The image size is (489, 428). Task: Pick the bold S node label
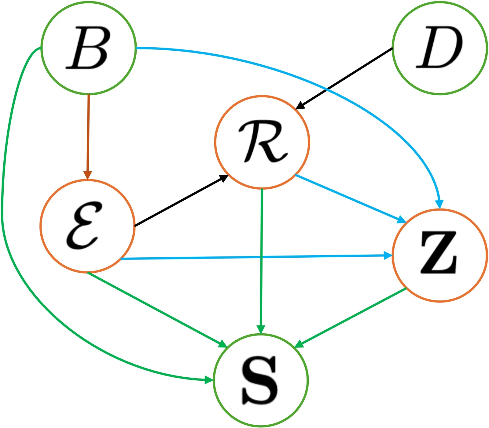[260, 380]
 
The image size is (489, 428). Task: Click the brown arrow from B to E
[88, 134]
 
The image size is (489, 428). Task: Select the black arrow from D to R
[345, 78]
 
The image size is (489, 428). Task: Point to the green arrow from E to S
[156, 308]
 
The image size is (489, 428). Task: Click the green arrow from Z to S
[351, 317]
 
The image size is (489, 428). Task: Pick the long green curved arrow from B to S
[18, 275]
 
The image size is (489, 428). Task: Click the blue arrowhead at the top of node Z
[439, 204]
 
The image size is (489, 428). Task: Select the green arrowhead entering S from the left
[208, 380]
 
